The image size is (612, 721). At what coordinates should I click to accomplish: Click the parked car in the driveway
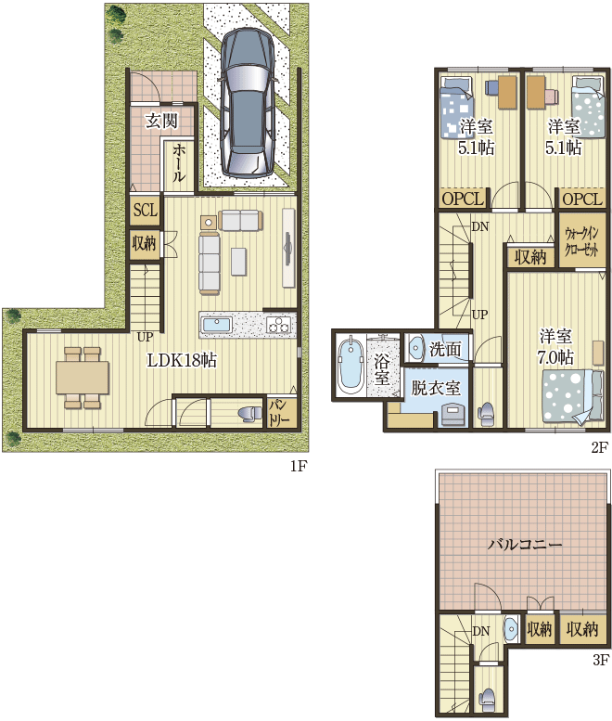(x=247, y=103)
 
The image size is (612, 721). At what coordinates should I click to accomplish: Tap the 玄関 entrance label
(x=161, y=121)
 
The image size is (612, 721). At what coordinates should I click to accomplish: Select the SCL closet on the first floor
(x=146, y=211)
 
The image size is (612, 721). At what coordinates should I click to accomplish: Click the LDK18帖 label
(x=182, y=360)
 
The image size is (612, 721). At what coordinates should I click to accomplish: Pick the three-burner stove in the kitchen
(x=278, y=325)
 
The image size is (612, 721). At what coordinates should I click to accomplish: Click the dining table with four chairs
(x=83, y=378)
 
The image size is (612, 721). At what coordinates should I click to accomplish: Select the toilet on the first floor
(x=249, y=413)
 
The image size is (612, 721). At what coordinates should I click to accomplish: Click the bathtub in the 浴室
(x=351, y=366)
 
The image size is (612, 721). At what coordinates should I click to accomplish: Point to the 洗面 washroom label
(x=445, y=349)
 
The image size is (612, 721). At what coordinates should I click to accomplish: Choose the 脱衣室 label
(x=435, y=388)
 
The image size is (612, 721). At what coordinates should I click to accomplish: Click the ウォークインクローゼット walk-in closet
(x=581, y=240)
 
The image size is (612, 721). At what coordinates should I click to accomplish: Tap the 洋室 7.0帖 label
(x=556, y=347)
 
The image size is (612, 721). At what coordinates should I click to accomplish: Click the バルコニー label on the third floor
(x=524, y=545)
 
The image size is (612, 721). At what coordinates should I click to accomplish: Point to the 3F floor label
(x=600, y=660)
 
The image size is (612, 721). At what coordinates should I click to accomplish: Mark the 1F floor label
(x=298, y=466)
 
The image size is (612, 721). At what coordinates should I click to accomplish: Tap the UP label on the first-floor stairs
(x=145, y=337)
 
